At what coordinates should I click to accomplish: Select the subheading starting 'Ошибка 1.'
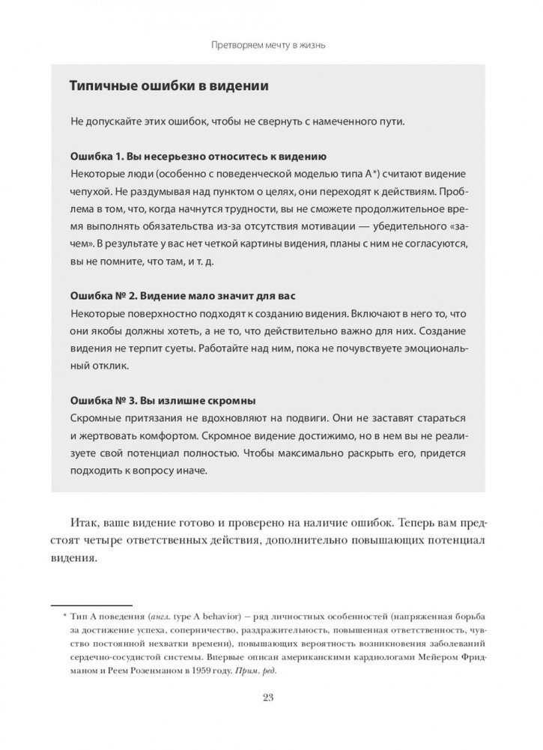196,159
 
